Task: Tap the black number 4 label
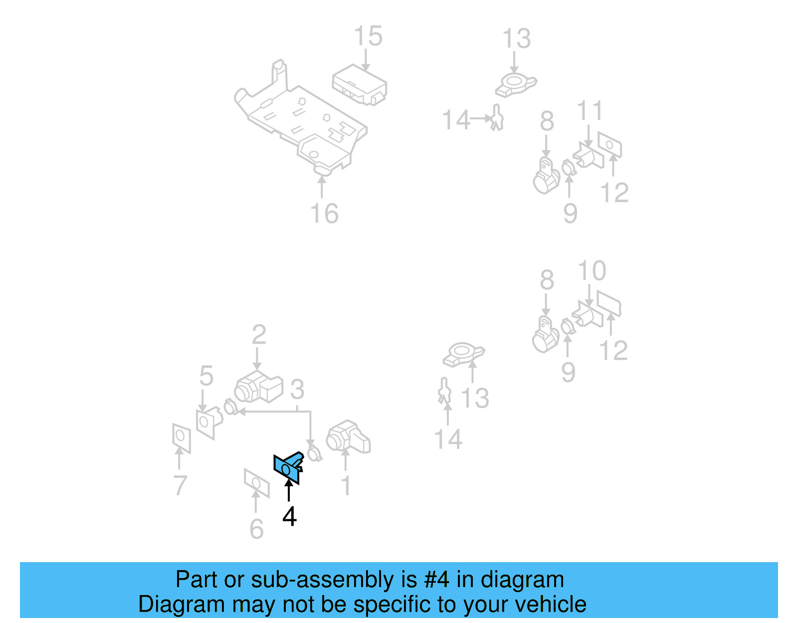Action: click(289, 517)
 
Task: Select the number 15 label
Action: click(368, 36)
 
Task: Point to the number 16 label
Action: click(324, 213)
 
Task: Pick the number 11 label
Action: click(590, 111)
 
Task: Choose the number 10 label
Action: click(592, 271)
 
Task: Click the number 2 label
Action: click(259, 335)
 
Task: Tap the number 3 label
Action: click(297, 389)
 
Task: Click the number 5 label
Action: click(206, 376)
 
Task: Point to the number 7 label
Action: click(180, 485)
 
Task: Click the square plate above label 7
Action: click(181, 438)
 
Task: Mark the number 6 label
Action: click(256, 529)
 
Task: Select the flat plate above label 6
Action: click(256, 482)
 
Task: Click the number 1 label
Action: click(346, 485)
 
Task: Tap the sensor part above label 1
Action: click(348, 437)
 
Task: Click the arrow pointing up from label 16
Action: click(322, 187)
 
